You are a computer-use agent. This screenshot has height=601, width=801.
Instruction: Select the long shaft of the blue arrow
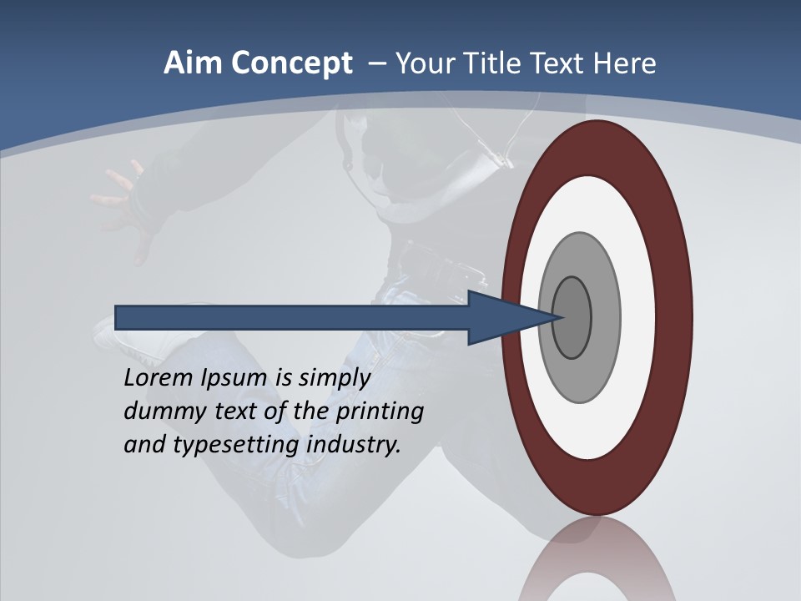tap(292, 317)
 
